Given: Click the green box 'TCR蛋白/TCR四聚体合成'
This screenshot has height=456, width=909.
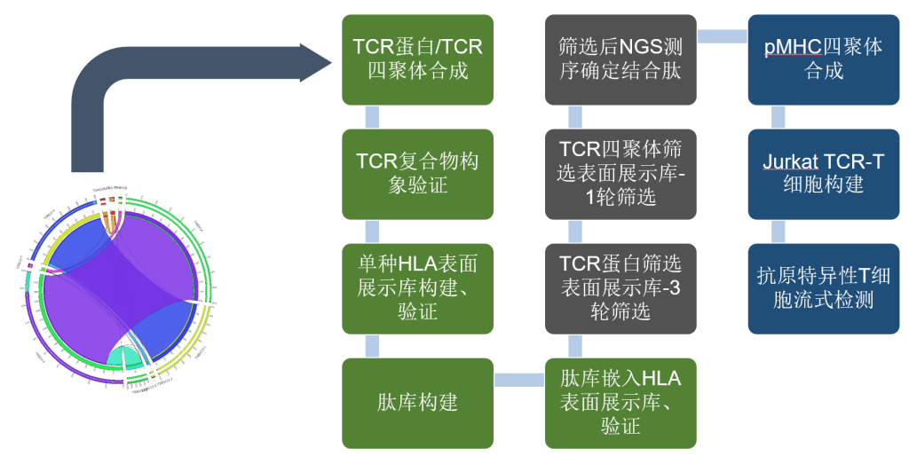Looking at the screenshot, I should [x=417, y=59].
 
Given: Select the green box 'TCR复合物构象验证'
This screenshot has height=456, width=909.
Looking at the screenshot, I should [x=417, y=174].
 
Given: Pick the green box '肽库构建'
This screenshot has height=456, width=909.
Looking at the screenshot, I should [x=417, y=403].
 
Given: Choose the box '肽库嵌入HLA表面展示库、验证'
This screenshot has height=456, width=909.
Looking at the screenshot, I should [x=620, y=403].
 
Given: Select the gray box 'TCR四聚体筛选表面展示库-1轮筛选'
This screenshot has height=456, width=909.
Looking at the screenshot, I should [x=620, y=174].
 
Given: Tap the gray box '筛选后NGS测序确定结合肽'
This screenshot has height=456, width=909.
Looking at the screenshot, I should [x=620, y=59].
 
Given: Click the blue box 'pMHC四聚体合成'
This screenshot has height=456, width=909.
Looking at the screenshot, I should [x=823, y=59].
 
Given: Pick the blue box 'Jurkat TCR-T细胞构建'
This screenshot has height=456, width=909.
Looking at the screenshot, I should [x=823, y=174].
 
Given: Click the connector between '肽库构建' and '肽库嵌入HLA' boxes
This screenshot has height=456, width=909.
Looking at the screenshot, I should [x=519, y=380].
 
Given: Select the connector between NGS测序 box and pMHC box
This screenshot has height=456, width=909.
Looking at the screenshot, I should [x=722, y=35].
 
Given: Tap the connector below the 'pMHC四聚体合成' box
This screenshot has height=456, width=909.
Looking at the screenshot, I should [x=779, y=116].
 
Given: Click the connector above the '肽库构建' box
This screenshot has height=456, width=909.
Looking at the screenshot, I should [x=372, y=346].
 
